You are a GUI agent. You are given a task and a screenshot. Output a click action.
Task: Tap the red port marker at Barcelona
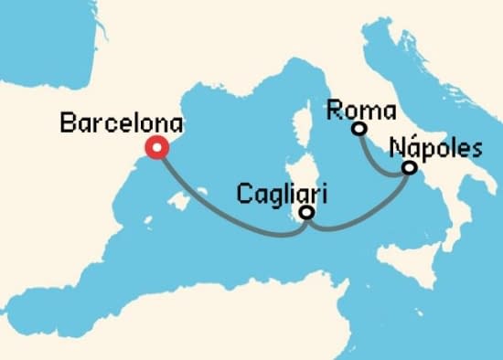[158, 147]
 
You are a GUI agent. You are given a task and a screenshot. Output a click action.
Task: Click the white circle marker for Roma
[359, 129]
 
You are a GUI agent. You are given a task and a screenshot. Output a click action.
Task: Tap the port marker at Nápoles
[409, 168]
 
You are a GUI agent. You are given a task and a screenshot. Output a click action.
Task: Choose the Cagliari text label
[282, 195]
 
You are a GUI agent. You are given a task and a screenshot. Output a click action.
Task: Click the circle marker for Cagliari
[307, 213]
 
